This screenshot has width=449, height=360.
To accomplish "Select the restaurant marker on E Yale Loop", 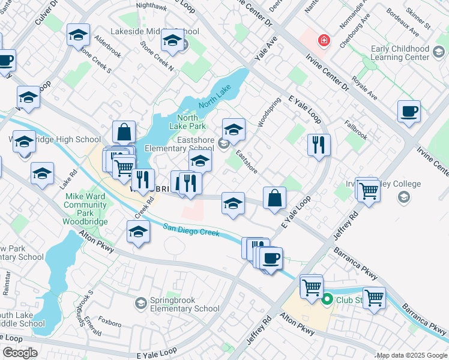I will click(x=319, y=145).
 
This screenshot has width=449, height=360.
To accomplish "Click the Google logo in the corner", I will click(x=20, y=353).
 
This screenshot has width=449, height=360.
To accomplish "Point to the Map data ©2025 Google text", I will click(x=412, y=355).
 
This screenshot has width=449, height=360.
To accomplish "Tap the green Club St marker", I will click(x=328, y=299).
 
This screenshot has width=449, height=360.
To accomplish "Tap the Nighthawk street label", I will click(x=151, y=5).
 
